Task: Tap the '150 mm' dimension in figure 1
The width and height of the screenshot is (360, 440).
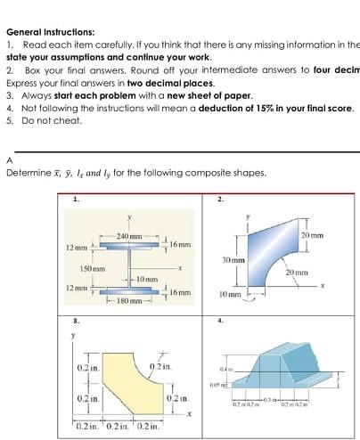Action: (93, 268)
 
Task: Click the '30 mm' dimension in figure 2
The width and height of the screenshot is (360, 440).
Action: (233, 259)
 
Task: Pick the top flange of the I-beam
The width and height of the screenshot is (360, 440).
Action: (129, 243)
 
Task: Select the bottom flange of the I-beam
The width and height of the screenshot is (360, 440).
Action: (129, 290)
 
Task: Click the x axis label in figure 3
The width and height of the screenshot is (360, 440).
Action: (190, 413)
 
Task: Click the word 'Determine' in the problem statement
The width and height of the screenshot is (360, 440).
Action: (25, 173)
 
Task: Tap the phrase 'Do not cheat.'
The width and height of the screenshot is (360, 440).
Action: (50, 119)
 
